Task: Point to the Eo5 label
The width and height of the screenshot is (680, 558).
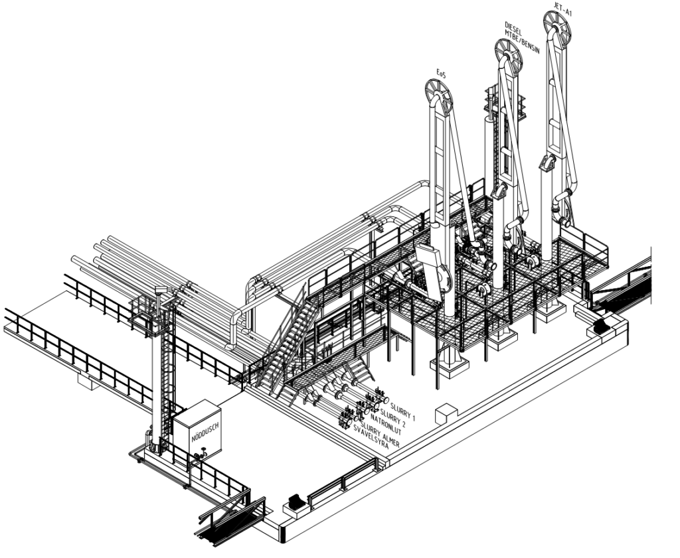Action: [441, 75]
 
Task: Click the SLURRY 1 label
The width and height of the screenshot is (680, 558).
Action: [403, 411]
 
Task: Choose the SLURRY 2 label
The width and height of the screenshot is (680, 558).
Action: [393, 417]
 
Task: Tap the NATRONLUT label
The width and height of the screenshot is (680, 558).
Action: [386, 425]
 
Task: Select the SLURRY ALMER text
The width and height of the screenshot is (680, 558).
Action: [379, 433]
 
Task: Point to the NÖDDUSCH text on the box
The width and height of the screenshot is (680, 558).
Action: [205, 431]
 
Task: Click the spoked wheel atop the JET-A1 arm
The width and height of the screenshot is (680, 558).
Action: [558, 27]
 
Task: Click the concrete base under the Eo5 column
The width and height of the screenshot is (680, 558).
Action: [450, 363]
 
